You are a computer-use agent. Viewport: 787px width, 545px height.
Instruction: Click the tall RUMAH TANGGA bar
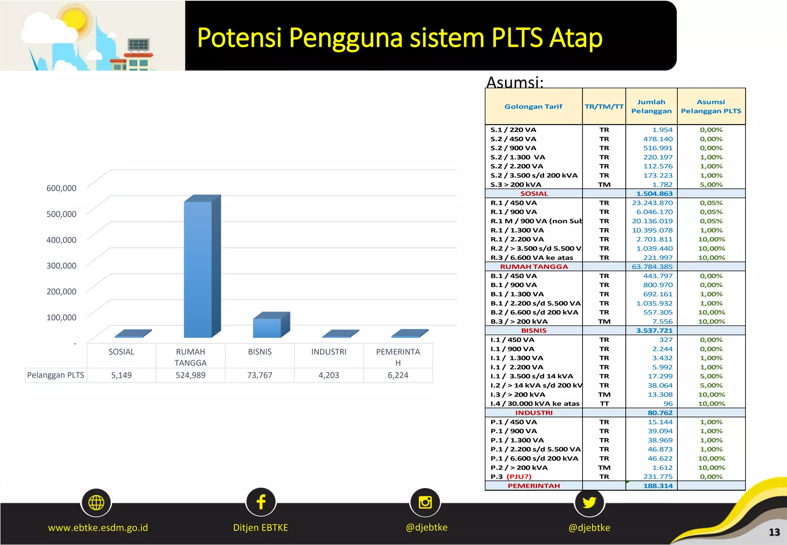coord(198,269)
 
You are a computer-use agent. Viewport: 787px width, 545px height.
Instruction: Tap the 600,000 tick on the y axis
coord(61,188)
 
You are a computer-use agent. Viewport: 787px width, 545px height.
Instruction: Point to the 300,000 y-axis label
coord(61,266)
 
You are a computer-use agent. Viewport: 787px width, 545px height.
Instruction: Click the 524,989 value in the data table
coord(191,375)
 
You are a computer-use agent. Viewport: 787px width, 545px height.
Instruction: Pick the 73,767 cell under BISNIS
coord(260,375)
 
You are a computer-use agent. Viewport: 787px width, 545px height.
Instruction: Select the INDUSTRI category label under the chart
coord(329,352)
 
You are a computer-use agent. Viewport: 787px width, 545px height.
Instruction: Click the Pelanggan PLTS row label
coord(56,375)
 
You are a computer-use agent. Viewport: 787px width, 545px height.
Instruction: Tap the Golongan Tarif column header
coord(533,106)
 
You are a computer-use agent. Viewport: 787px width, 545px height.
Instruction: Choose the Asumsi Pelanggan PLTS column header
coord(711,106)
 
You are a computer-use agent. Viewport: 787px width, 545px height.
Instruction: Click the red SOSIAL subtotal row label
coord(534,194)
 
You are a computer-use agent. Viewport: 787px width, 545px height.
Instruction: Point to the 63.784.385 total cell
coord(652,267)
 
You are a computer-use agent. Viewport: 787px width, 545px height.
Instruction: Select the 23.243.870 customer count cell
coord(652,203)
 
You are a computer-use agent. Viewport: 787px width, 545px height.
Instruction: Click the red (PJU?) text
coord(519,477)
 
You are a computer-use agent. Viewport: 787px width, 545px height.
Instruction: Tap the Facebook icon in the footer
coord(261,502)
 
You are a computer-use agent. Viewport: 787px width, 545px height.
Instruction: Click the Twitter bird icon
coord(589,502)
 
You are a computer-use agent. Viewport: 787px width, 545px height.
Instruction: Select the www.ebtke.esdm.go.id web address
coord(98,528)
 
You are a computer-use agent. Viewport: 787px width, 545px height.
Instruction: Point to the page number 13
coord(774,532)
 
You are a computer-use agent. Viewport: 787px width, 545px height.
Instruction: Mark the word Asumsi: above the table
coord(515,82)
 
